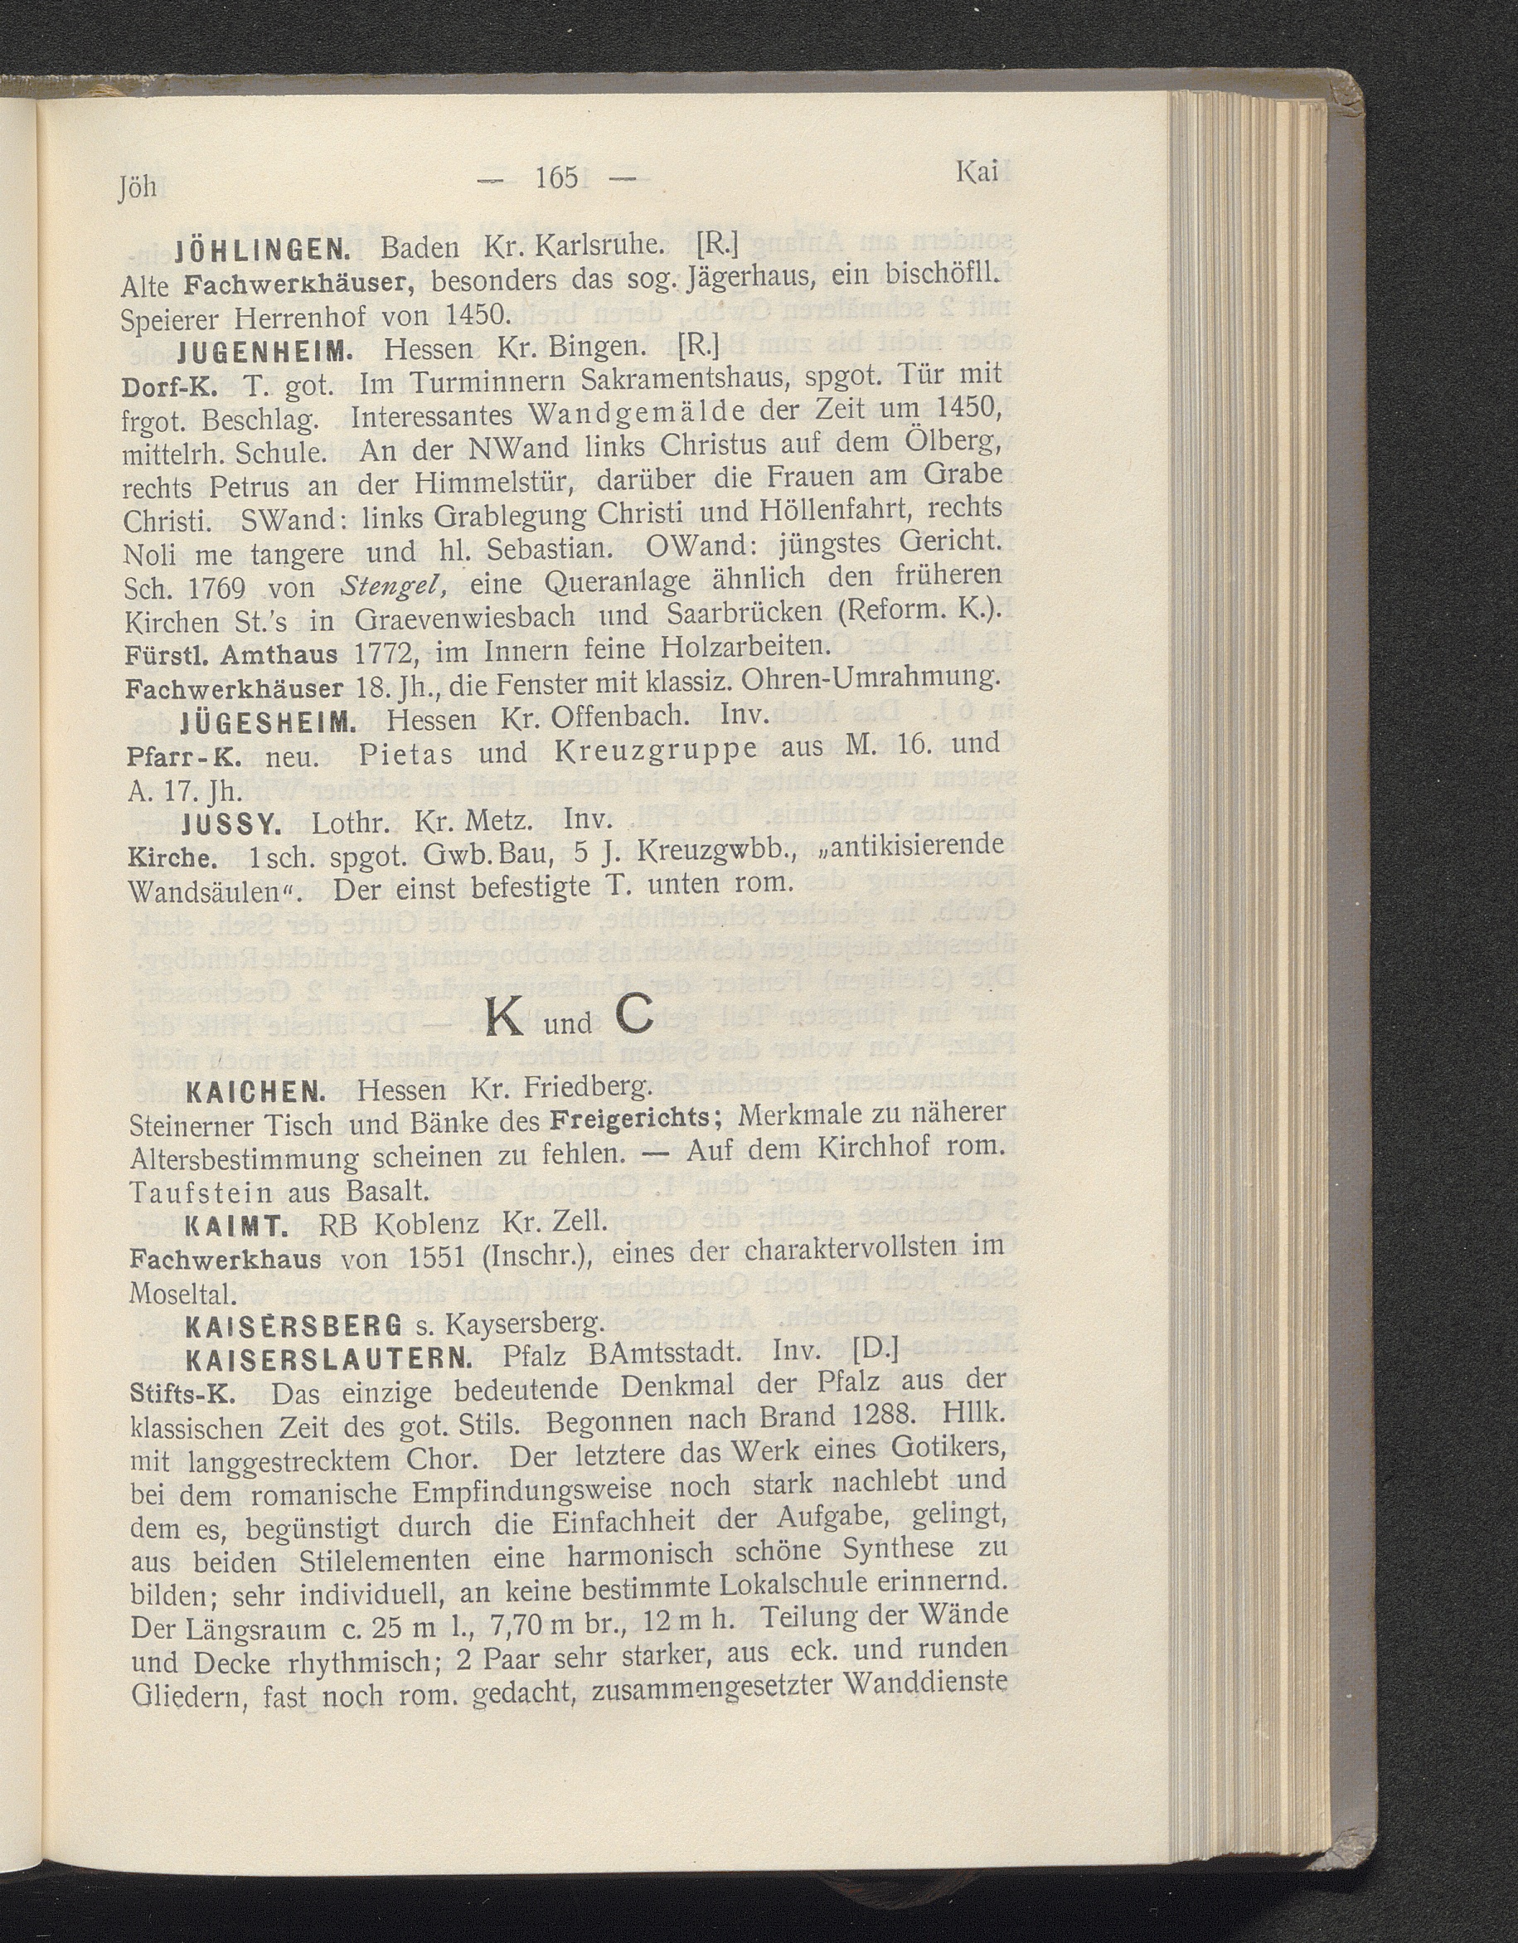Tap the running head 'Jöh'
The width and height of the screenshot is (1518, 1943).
[x=137, y=187]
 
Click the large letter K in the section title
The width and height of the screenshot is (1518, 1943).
[x=506, y=1017]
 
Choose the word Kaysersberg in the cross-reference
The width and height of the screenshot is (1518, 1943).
[x=525, y=1324]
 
